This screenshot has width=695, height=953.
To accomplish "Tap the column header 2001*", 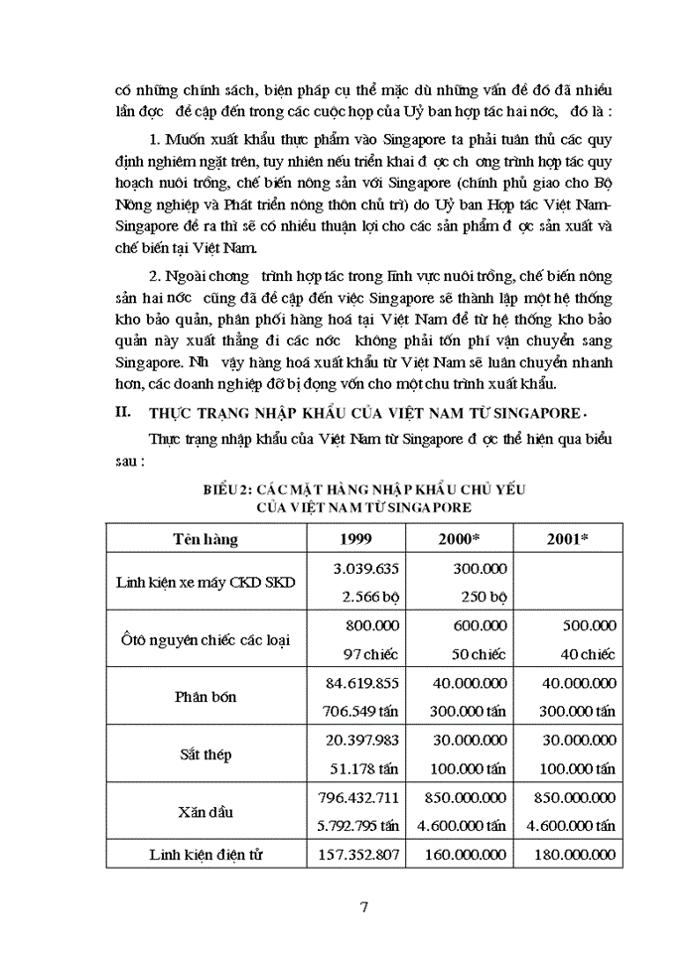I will pyautogui.click(x=568, y=539).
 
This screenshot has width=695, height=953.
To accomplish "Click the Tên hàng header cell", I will pyautogui.click(x=205, y=539).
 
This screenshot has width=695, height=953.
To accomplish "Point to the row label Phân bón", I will pyautogui.click(x=205, y=697).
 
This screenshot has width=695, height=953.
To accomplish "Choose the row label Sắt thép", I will pyautogui.click(x=205, y=754).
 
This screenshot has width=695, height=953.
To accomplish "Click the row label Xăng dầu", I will pyautogui.click(x=205, y=811).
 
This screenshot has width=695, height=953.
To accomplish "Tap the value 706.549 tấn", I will pyautogui.click(x=359, y=711).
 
